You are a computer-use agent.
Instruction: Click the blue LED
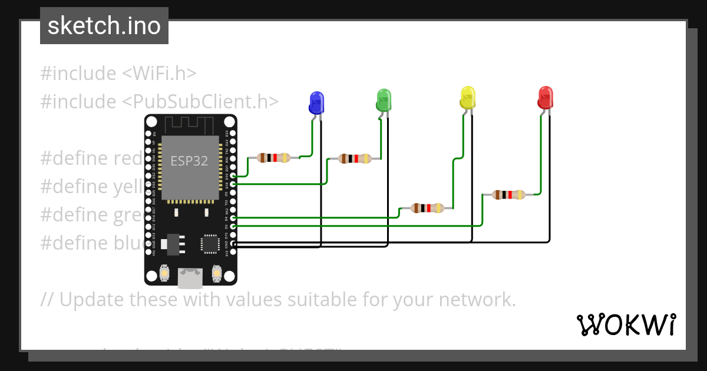(x=316, y=102)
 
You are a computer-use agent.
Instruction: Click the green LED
(x=384, y=100)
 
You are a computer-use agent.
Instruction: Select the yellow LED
(x=467, y=97)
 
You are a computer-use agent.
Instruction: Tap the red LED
(x=546, y=97)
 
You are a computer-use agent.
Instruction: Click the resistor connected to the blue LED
(x=275, y=157)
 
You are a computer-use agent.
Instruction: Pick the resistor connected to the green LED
(x=355, y=158)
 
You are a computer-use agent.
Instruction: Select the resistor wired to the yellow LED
(x=428, y=207)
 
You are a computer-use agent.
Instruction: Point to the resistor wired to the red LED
(x=509, y=194)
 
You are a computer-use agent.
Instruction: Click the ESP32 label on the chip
(x=189, y=161)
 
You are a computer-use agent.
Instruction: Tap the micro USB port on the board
(x=189, y=278)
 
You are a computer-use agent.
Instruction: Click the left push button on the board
(x=164, y=274)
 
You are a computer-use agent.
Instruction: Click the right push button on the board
(x=216, y=274)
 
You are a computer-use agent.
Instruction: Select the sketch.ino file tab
(x=104, y=26)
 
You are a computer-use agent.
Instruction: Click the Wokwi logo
(x=626, y=324)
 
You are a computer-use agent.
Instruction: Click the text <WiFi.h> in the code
(x=159, y=74)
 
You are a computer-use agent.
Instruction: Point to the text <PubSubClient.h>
(x=200, y=101)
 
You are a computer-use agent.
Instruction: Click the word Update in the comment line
(x=91, y=300)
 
